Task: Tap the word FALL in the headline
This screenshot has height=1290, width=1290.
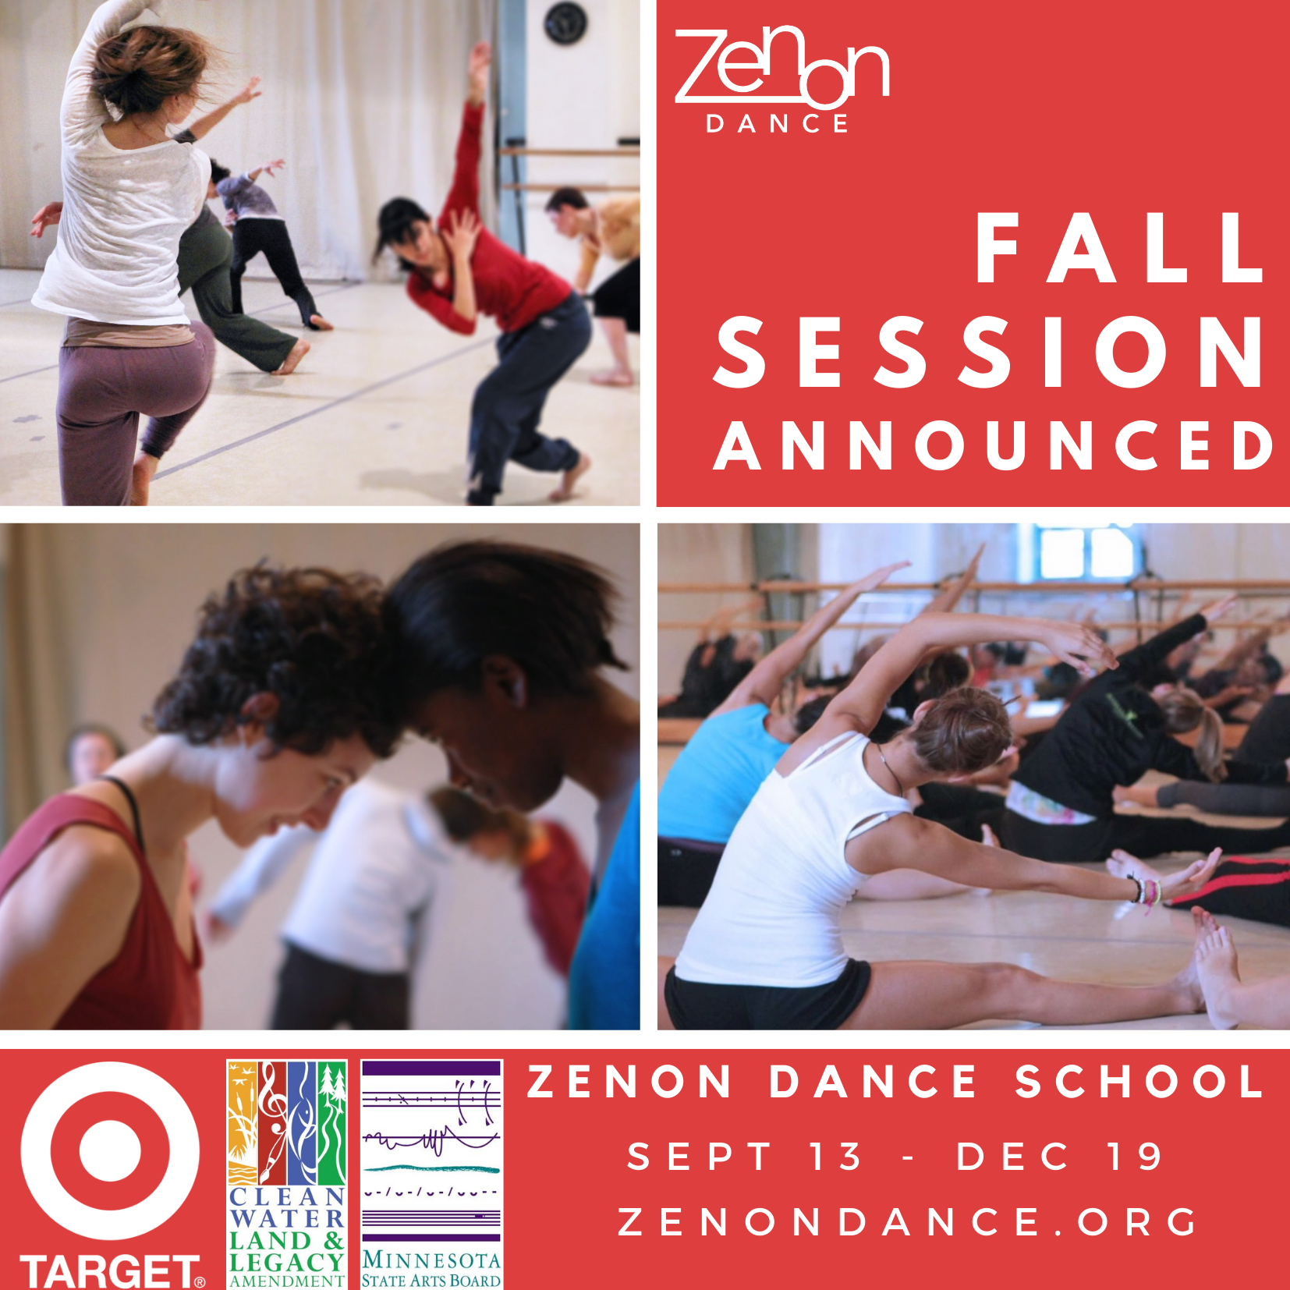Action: (1119, 248)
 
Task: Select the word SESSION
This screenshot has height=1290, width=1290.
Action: (988, 352)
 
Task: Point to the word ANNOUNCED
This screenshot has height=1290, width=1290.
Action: (994, 445)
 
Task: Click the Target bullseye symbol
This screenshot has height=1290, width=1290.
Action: (110, 1150)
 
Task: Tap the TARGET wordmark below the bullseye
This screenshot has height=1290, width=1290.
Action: (112, 1271)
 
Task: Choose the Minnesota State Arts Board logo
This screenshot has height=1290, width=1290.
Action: (431, 1175)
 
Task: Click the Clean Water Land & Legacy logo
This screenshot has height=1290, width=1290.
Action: (287, 1175)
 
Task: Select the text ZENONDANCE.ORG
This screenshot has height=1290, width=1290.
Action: (908, 1222)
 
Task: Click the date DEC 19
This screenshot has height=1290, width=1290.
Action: (1060, 1156)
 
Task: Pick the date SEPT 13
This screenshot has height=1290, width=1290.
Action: (745, 1156)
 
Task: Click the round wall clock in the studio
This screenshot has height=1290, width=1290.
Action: (565, 23)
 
